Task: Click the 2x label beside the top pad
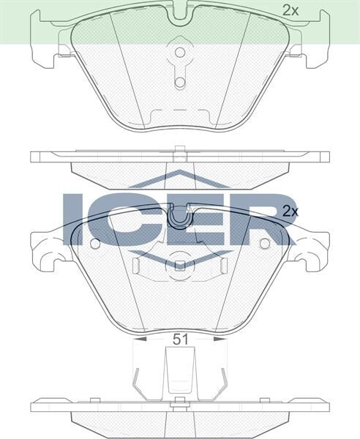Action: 291,10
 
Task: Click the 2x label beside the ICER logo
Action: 291,211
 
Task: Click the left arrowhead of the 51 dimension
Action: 139,339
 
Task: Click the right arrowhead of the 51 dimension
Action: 219,339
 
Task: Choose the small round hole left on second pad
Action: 94,243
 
